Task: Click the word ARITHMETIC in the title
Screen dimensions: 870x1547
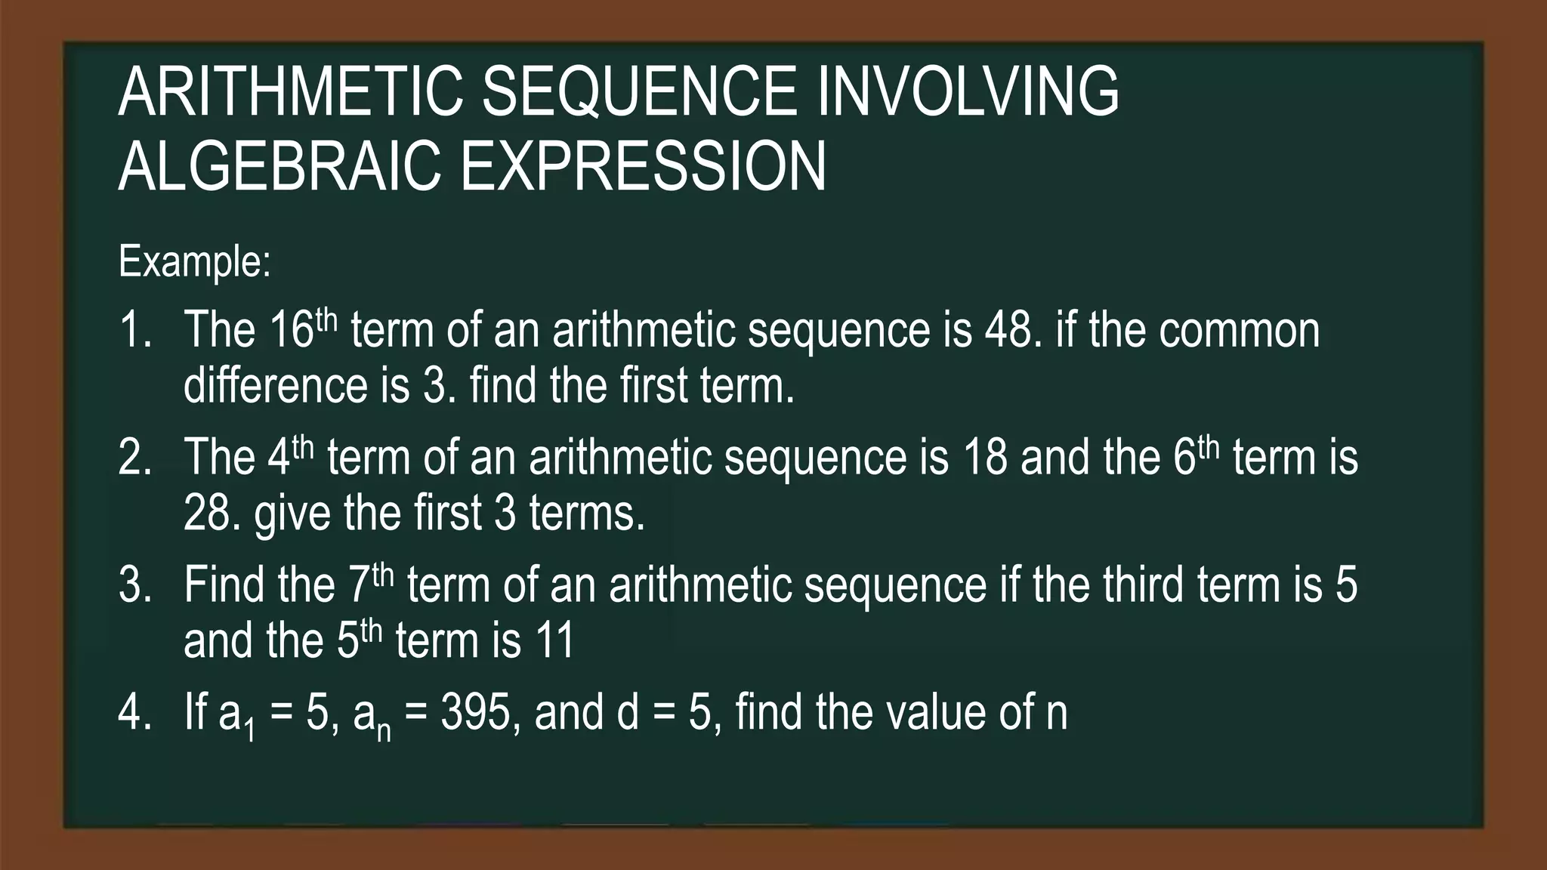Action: click(290, 92)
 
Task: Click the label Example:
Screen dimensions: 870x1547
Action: click(194, 262)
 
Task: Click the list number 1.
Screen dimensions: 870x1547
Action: click(133, 330)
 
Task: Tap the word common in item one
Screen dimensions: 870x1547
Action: click(1239, 330)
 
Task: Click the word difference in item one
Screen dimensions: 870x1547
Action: click(276, 385)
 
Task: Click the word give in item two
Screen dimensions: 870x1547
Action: click(292, 514)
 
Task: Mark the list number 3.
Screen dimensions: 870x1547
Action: click(133, 585)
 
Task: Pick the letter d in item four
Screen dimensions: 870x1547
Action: click(628, 712)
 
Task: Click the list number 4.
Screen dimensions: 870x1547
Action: click(133, 712)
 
